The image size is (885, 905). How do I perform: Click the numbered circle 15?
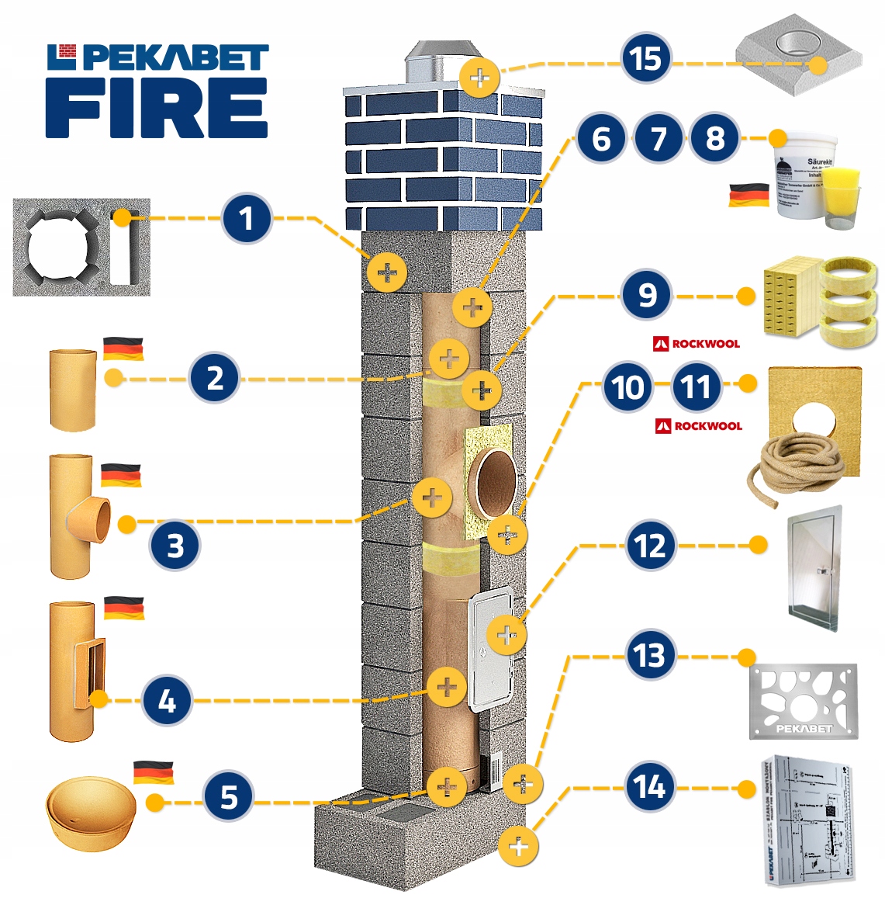coord(645,60)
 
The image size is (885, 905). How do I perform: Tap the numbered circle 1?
coord(246,218)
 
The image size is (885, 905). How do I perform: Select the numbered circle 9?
coord(646,296)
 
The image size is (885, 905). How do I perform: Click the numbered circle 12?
coord(650,546)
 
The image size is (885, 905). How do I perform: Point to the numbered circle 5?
coord(228,797)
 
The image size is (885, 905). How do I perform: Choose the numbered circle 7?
coord(658,139)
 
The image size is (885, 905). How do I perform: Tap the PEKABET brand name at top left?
coord(175,57)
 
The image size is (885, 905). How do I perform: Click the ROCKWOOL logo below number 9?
coord(697,343)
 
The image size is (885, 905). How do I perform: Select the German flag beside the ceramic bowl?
coord(153,773)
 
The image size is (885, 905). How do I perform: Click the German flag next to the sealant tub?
coord(748,195)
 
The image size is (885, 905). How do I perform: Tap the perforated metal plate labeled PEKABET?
coord(803,701)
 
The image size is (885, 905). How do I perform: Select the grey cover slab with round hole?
coord(799,57)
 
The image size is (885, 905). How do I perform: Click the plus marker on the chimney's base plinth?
coord(519,846)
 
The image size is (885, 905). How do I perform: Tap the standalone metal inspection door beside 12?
coord(814,570)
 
